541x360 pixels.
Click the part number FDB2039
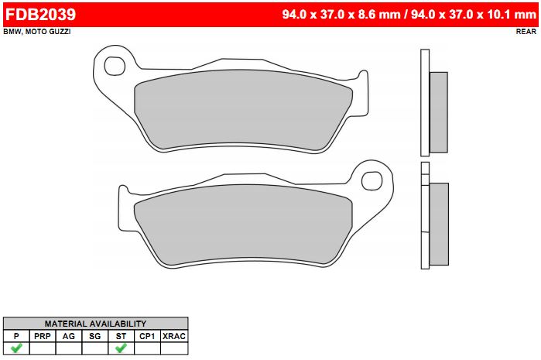tap(40, 15)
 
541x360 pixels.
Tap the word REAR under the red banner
tap(526, 32)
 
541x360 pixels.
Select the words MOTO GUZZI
tap(48, 32)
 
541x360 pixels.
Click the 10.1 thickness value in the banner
tap(498, 15)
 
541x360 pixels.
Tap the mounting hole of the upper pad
tap(115, 67)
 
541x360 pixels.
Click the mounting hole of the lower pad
tap(372, 180)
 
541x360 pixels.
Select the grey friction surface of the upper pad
tap(243, 111)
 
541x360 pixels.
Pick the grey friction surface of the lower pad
tap(243, 225)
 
